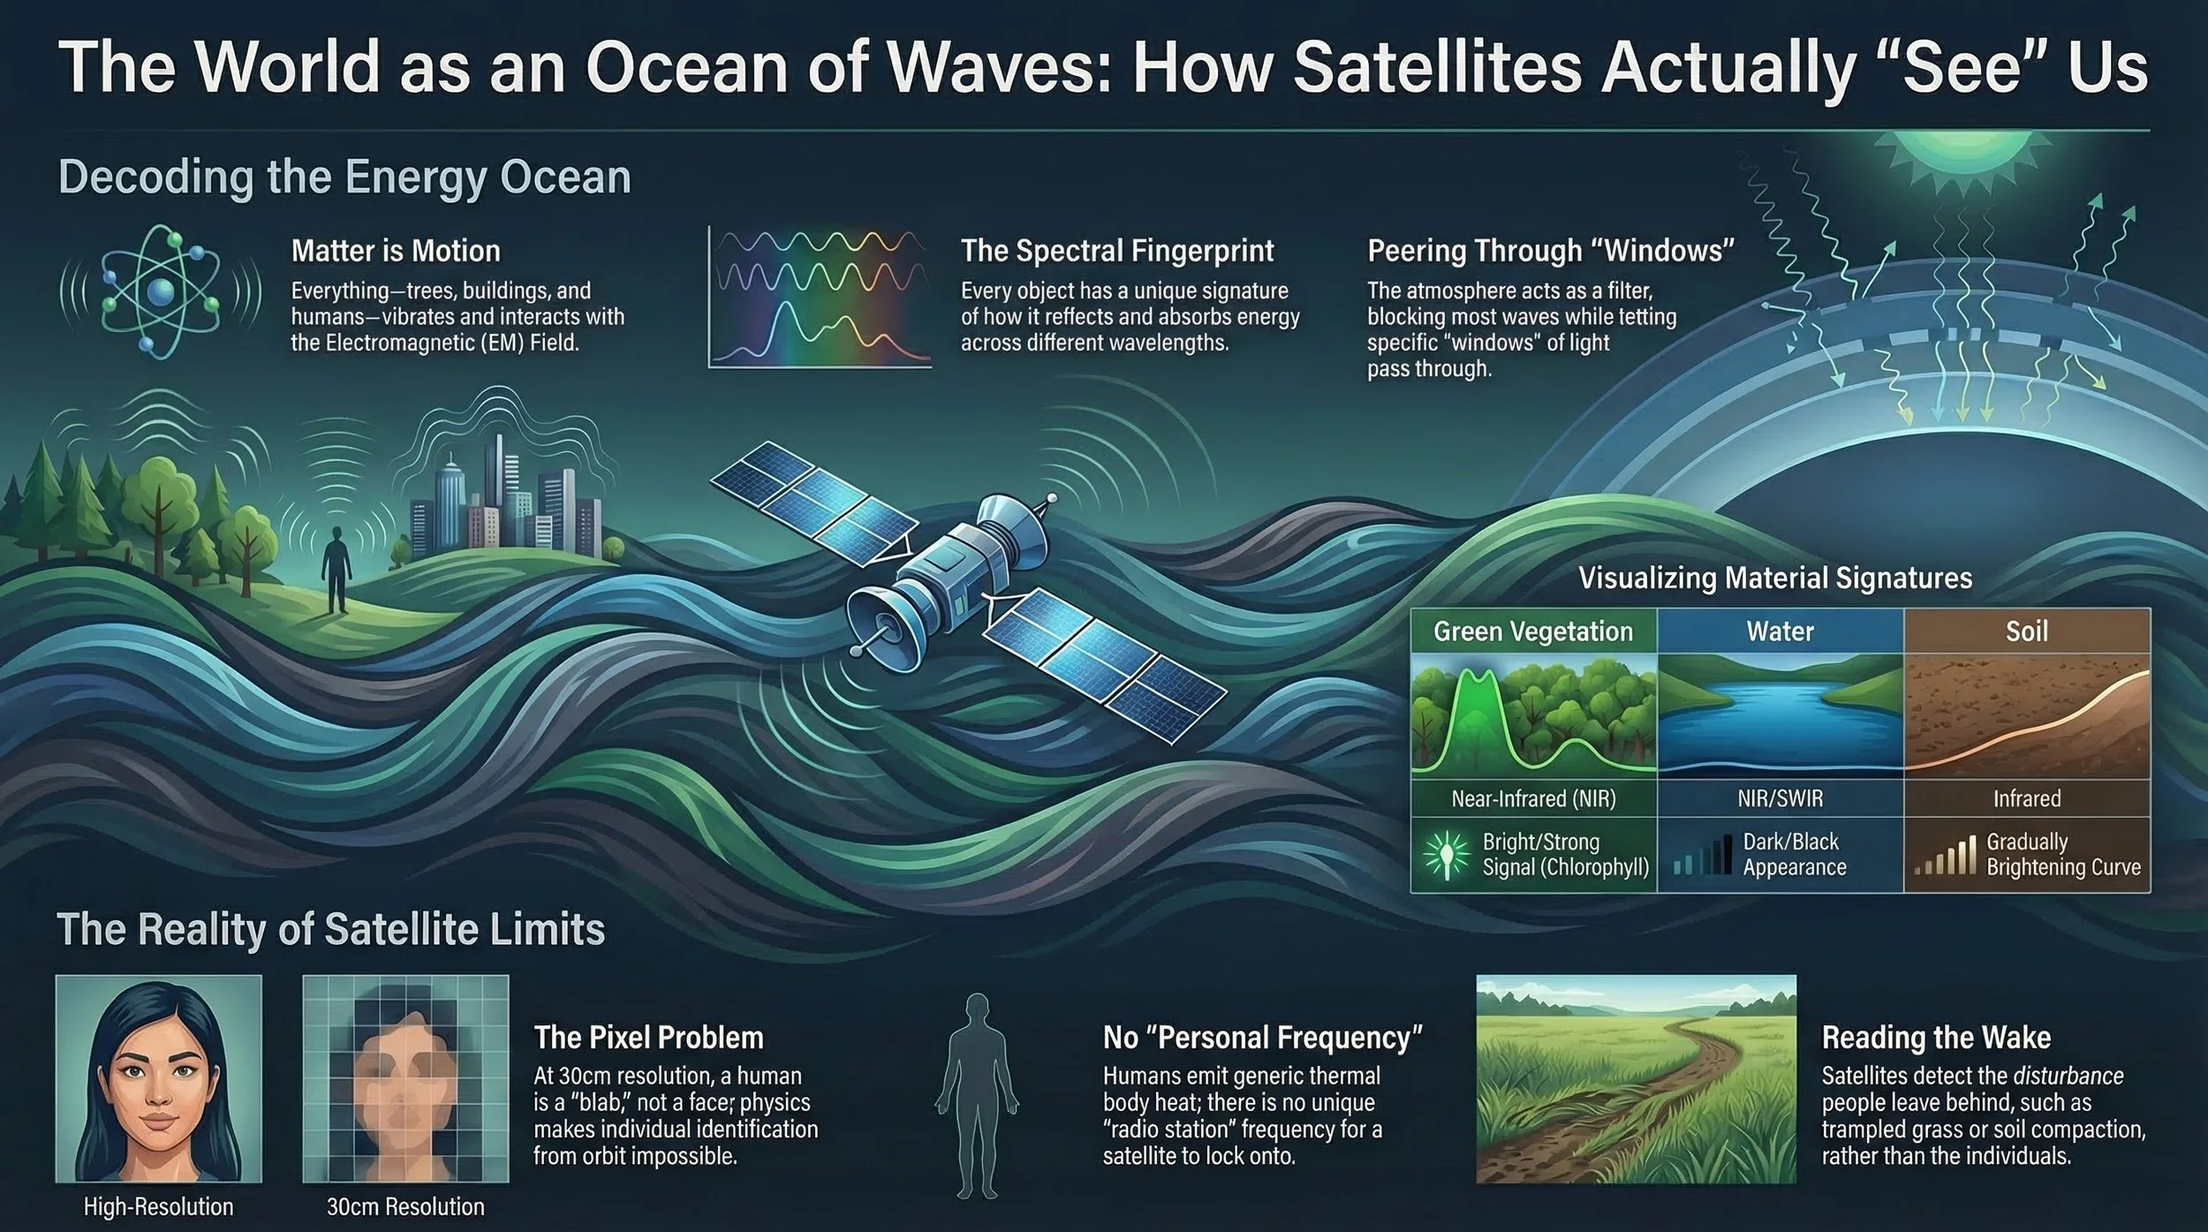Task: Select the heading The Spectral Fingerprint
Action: tap(1116, 251)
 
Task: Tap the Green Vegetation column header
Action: tap(1532, 631)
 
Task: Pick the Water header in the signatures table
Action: tap(1780, 631)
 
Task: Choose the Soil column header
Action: tap(2026, 631)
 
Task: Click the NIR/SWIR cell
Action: tap(1780, 798)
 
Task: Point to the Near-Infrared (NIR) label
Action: tap(1533, 798)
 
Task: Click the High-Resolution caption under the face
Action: tap(158, 1206)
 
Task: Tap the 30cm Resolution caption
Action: tap(405, 1206)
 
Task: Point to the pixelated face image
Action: tap(405, 1078)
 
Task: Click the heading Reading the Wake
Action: tap(1935, 1037)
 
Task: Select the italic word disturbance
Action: tap(2068, 1076)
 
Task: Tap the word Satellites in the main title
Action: tap(1436, 68)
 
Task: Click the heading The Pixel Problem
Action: tap(648, 1037)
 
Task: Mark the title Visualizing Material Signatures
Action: tap(1774, 578)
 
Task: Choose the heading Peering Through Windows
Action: tap(1551, 251)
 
